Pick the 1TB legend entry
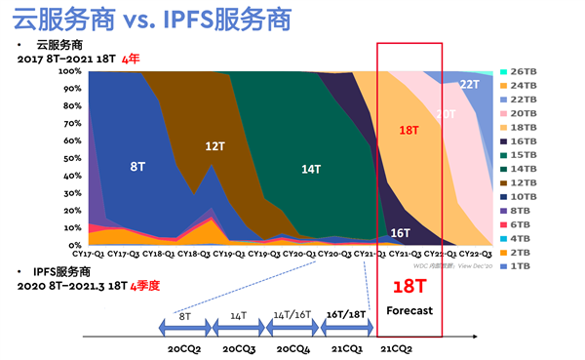pos(520,266)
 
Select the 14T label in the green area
pos(310,169)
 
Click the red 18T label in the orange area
pos(409,129)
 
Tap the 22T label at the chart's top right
pos(469,85)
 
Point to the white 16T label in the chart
pos(400,233)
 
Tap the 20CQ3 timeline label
pos(240,347)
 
